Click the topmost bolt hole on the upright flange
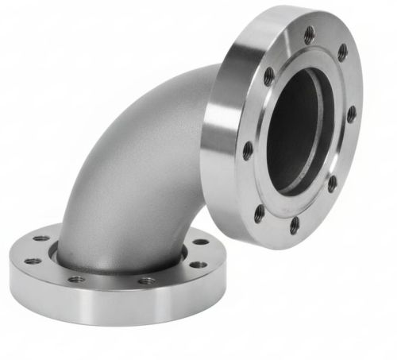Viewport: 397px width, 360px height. point(310,33)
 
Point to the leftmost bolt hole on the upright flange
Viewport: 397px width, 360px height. point(248,149)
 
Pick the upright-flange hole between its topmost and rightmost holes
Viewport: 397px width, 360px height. point(343,53)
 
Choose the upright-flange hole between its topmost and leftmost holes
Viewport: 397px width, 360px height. point(269,75)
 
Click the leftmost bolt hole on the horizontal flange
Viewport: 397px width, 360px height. point(32,261)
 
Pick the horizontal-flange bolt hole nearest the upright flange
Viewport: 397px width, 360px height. point(202,241)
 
